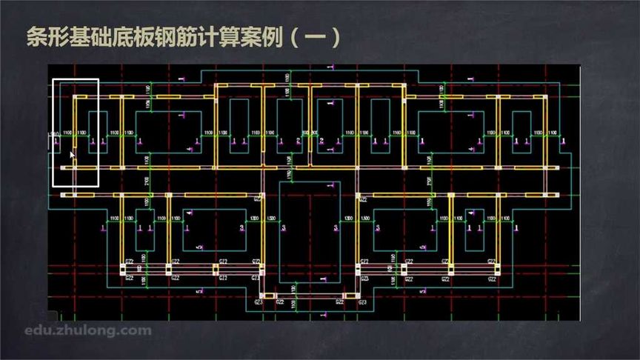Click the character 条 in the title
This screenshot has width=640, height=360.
pos(36,37)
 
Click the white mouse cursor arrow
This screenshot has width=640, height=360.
pos(73,156)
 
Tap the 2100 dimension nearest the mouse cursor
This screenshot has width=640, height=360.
pos(147,181)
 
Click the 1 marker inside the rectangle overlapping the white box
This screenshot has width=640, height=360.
pos(93,141)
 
